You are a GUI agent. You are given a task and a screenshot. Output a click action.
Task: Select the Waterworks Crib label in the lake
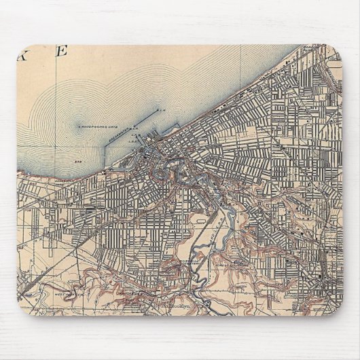pyautogui.click(x=99, y=126)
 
